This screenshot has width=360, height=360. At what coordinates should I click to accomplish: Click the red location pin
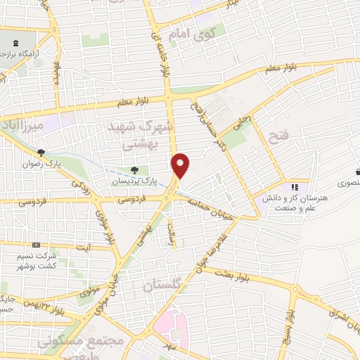[181, 164]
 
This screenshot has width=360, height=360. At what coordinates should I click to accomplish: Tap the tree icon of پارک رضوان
[41, 152]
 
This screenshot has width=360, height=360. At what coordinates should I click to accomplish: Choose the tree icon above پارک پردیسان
[134, 169]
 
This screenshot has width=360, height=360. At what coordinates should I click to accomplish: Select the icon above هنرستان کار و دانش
[295, 187]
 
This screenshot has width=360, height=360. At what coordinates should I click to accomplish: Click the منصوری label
[346, 181]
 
